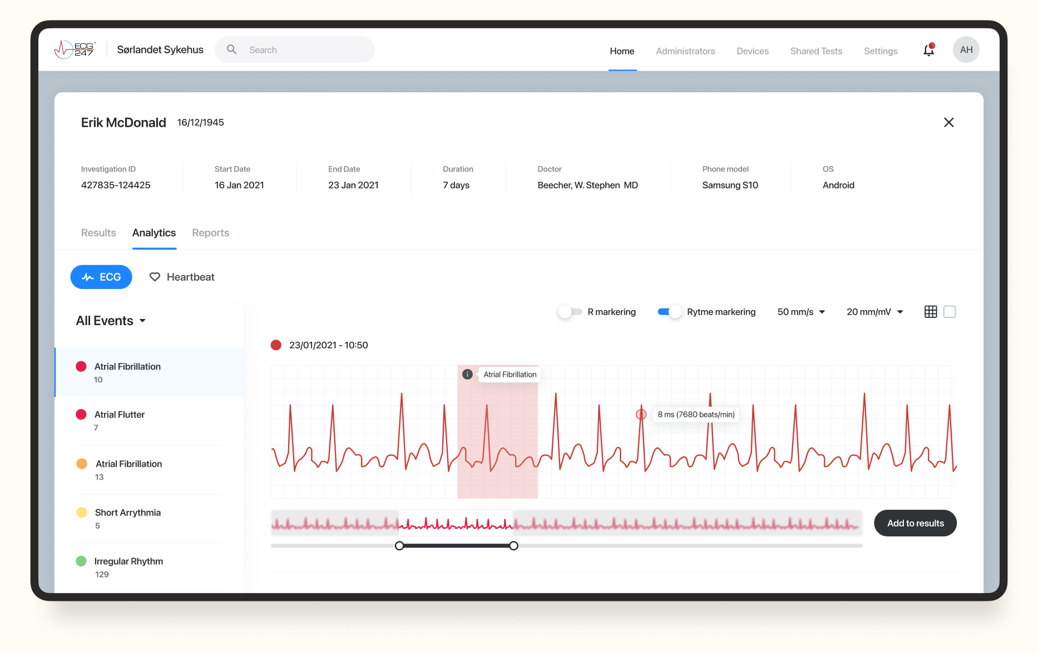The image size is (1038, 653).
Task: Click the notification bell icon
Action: point(928,51)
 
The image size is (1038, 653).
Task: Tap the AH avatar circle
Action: point(966,50)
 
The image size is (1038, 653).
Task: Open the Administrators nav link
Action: point(685,51)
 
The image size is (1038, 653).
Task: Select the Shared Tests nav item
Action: point(816,51)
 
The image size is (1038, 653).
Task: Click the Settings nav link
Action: point(881,51)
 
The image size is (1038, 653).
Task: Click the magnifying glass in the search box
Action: point(232,50)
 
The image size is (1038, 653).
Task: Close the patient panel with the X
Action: point(949,122)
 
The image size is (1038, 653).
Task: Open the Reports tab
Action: point(210,233)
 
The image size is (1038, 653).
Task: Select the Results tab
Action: point(98,233)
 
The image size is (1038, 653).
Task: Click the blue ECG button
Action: point(101,277)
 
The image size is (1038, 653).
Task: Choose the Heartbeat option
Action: point(182,277)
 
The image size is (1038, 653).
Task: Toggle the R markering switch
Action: point(570,312)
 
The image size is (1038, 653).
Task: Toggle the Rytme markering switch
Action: point(669,312)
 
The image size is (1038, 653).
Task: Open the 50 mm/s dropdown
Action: point(801,312)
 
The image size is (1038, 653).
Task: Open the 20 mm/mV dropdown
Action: point(874,312)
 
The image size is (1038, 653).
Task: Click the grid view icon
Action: point(931,312)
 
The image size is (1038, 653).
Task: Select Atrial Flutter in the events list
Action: point(120,415)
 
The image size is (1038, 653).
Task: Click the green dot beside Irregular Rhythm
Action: point(81,561)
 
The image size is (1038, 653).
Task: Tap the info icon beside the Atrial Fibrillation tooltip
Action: point(467,375)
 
